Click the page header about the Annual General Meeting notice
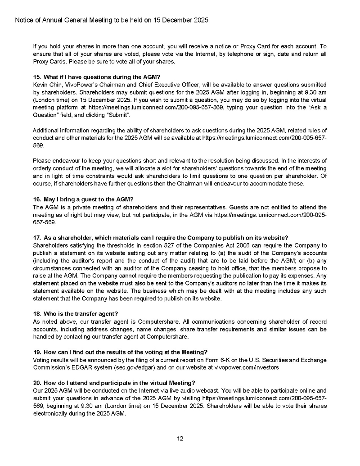(112, 21)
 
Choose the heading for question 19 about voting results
(120, 352)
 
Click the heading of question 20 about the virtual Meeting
(114, 383)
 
